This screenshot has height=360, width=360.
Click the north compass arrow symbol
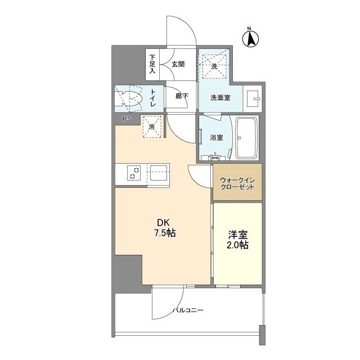coord(250,39)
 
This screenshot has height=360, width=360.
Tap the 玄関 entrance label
coord(178,64)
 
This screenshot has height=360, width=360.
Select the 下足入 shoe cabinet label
coord(152,64)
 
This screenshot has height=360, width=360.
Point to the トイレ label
coord(153,98)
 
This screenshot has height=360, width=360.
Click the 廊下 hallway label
coord(182,96)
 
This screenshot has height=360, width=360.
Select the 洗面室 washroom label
coord(220,98)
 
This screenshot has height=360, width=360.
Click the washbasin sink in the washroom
coord(252,98)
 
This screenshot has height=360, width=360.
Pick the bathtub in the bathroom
coord(247,138)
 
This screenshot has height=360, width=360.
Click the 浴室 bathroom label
coord(216,137)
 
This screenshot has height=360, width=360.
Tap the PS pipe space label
coord(127,119)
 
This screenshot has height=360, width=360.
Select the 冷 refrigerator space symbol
coord(152,127)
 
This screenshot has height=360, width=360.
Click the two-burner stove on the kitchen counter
coord(134,173)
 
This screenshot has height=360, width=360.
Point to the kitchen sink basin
coord(159,173)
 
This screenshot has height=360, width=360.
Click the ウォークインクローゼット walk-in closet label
coord(237,183)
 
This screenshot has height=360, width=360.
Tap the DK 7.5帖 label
coord(165,228)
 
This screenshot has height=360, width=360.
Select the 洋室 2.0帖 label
coord(237,240)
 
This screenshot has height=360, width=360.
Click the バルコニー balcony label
coord(188,310)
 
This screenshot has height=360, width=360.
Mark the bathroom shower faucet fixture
coord(215,156)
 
